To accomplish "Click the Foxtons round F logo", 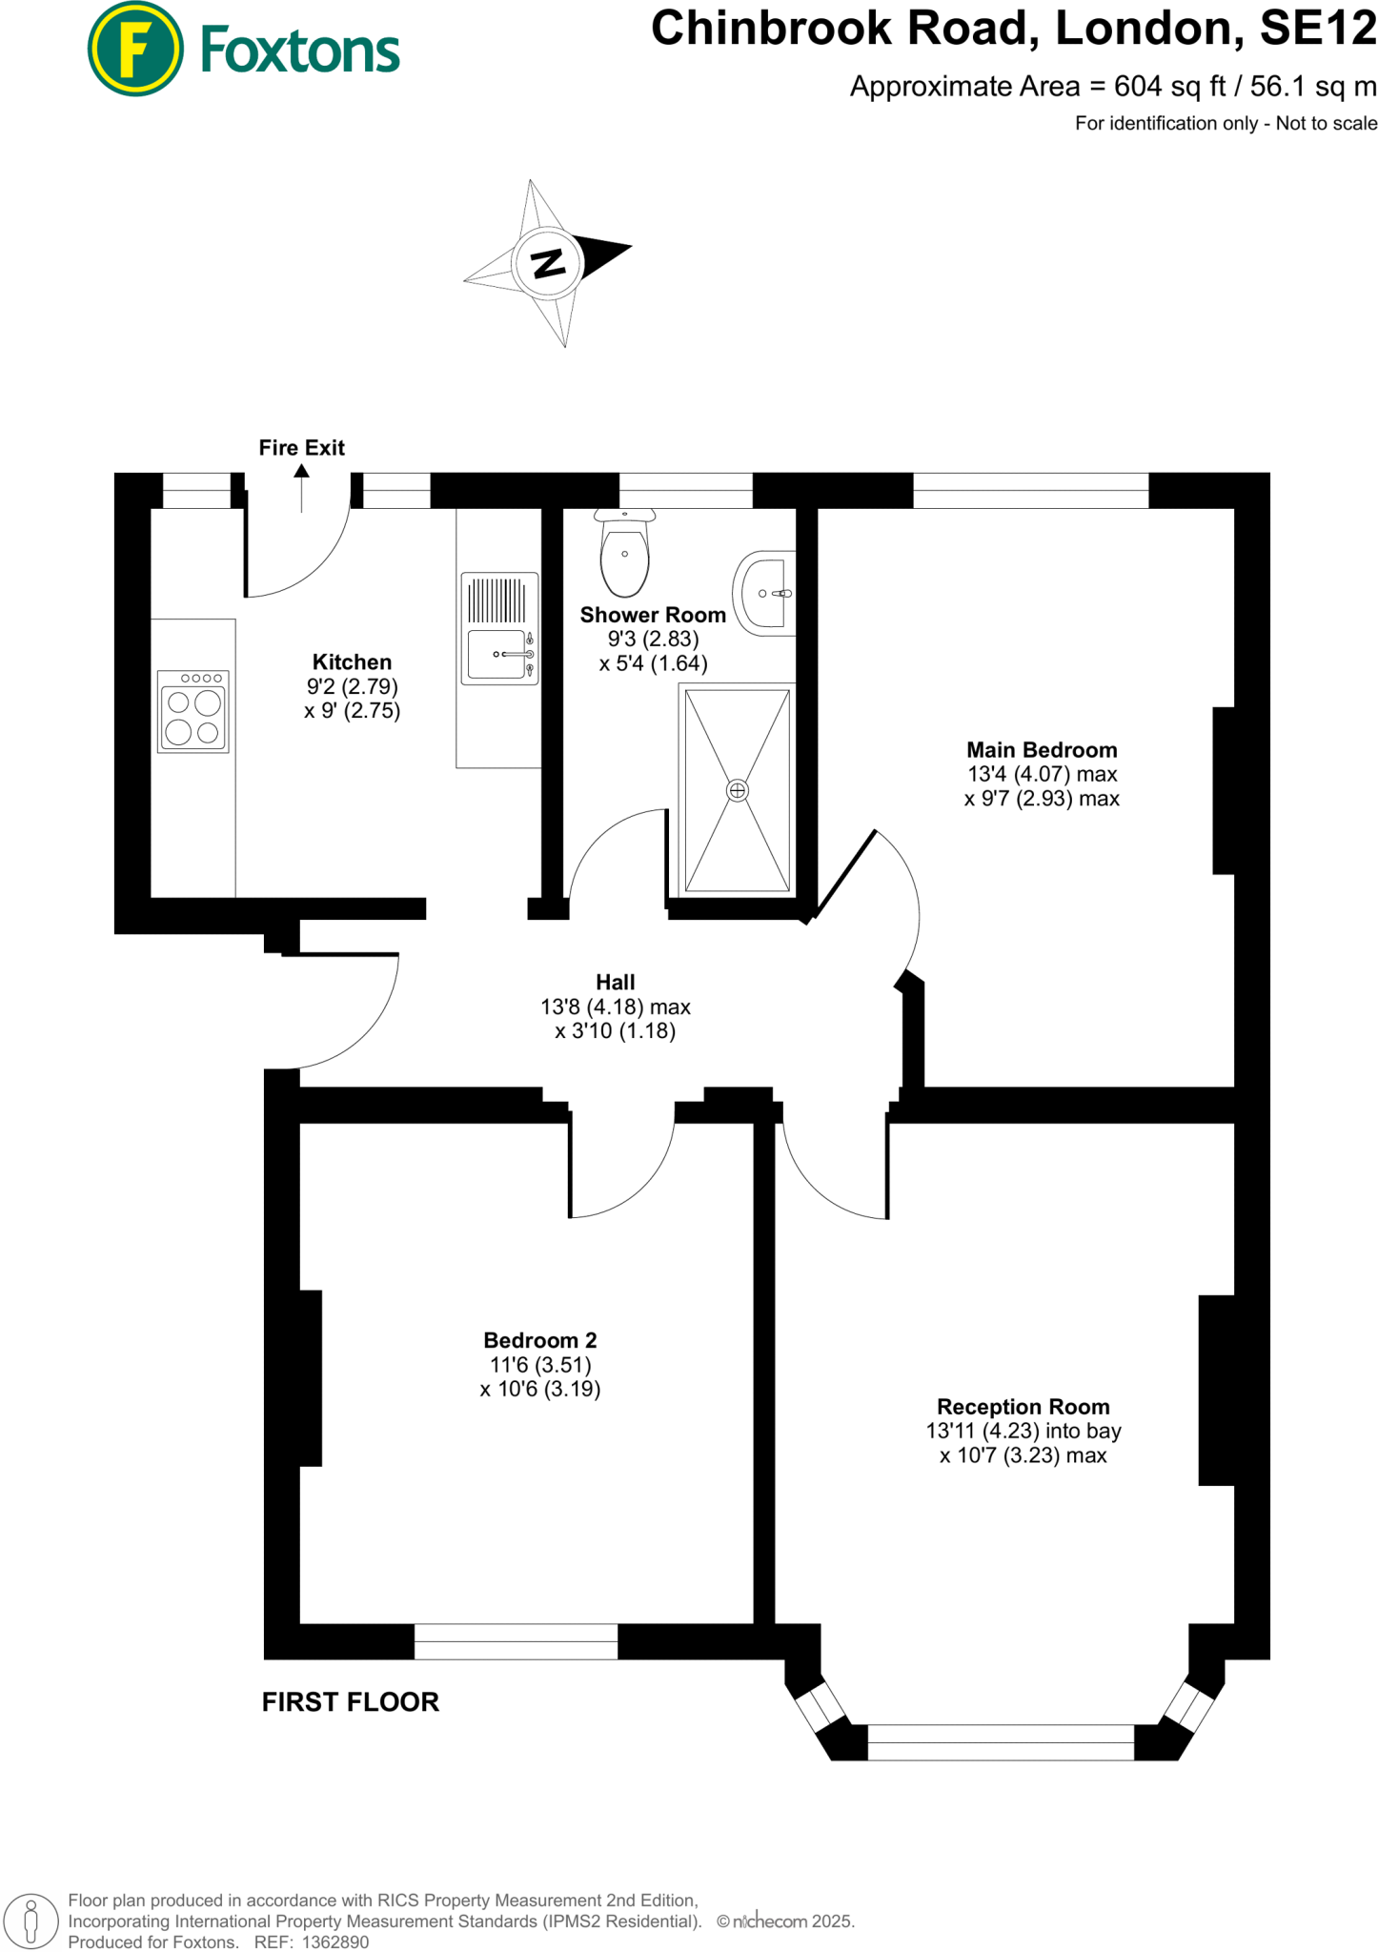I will click(x=134, y=49).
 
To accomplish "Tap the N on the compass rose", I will click(x=548, y=262).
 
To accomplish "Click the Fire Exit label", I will click(x=301, y=448).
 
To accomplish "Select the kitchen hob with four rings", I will click(x=193, y=711).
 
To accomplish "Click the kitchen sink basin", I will click(x=496, y=654).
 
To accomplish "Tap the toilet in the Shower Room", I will click(x=625, y=556).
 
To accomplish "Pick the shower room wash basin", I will click(x=765, y=593).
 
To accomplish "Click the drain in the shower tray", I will click(x=738, y=790).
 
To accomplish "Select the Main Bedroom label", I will click(x=1042, y=750).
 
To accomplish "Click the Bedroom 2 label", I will click(x=540, y=1340).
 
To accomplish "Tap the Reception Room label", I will click(x=1023, y=1407).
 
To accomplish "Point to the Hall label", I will click(x=616, y=982).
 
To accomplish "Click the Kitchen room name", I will click(x=352, y=661).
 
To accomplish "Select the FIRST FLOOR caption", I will click(x=351, y=1702).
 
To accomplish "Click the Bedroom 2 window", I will click(x=517, y=1641).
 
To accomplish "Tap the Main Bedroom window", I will click(x=1031, y=491).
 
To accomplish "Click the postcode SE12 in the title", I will click(x=1318, y=29).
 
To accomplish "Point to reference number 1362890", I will click(x=334, y=1942).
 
